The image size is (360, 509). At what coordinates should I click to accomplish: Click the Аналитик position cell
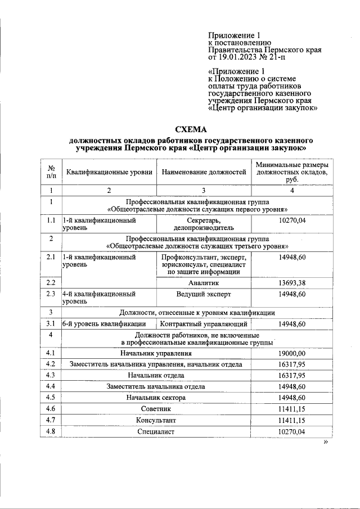coord(203,282)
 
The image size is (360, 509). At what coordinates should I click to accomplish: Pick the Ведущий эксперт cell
coord(203,294)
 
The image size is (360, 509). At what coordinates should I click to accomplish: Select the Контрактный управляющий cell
coord(204,324)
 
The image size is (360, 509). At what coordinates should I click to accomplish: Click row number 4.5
coord(51,398)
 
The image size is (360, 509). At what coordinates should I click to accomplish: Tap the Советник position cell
coord(156,409)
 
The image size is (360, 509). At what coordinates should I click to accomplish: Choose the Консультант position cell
coord(156,420)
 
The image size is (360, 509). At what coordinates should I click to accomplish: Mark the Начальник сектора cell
coord(156,398)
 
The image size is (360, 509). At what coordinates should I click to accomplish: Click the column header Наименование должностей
coord(204,172)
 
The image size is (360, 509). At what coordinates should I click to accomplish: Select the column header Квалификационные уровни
coord(109,172)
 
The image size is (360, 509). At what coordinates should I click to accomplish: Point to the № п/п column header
coord(51,172)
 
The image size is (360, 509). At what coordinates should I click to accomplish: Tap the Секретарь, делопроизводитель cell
coord(203,224)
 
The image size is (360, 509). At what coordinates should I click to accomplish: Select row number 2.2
coord(51,282)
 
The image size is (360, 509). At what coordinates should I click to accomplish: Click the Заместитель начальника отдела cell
coord(156,386)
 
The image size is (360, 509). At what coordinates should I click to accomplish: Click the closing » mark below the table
coord(325,443)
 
